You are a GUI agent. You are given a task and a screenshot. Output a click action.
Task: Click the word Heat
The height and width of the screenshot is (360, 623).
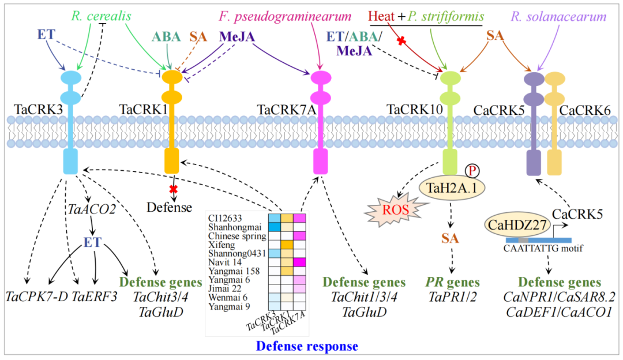(381, 16)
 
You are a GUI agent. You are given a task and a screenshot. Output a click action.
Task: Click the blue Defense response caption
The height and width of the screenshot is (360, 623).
(306, 346)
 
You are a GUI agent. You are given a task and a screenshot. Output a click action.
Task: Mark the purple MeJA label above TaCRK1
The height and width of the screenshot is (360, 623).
(236, 36)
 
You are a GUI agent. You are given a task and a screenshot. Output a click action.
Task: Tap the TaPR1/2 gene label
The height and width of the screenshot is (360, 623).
(450, 297)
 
